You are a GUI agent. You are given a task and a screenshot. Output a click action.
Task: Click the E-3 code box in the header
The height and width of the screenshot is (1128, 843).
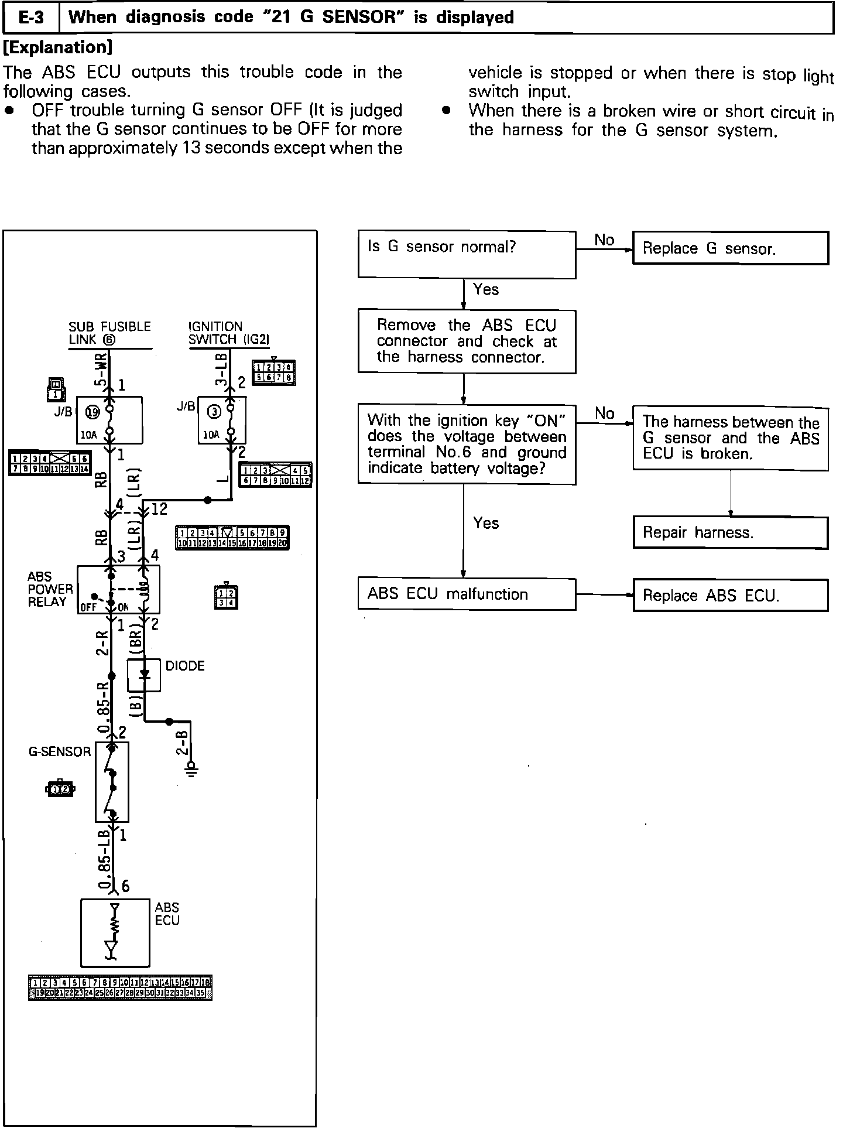point(32,18)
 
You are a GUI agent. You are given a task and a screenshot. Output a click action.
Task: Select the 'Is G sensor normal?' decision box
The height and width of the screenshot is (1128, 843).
point(467,255)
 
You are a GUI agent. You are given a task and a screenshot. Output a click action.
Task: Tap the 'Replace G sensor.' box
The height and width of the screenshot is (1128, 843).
point(730,248)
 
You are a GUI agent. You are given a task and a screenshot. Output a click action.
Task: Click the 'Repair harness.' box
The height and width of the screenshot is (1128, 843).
point(730,532)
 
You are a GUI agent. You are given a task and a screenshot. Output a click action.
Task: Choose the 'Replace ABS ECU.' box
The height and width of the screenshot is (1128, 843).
point(730,596)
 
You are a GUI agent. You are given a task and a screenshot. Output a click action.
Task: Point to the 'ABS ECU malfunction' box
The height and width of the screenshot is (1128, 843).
point(467,594)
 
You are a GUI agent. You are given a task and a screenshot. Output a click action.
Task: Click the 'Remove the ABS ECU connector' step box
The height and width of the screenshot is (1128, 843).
point(467,341)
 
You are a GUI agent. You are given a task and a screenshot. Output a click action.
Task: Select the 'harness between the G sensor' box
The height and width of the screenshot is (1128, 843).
point(730,438)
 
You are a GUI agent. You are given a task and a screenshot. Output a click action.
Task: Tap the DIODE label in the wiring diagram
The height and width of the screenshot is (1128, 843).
point(185,666)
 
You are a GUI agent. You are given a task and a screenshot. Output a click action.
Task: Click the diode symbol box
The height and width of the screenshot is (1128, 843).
point(144,675)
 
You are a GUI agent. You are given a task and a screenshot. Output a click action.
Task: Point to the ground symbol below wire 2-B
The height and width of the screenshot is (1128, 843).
point(191,769)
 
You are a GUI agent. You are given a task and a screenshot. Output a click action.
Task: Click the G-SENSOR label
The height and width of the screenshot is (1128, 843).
point(60,751)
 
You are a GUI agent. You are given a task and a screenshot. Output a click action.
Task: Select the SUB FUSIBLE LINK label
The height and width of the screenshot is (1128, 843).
point(109,333)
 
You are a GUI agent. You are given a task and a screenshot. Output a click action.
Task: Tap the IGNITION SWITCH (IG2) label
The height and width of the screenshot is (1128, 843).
point(229,333)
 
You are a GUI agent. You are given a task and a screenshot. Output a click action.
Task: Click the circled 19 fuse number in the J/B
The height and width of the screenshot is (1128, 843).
point(92,412)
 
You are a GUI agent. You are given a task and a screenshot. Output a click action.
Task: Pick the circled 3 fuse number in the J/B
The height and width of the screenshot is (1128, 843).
point(214,412)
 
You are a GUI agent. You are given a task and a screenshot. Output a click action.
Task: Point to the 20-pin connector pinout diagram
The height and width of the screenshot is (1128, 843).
point(232,538)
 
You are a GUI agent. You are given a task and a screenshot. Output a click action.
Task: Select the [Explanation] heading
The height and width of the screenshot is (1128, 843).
point(57,47)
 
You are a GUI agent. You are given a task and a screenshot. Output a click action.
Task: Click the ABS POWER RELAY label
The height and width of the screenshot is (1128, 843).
point(50,589)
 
